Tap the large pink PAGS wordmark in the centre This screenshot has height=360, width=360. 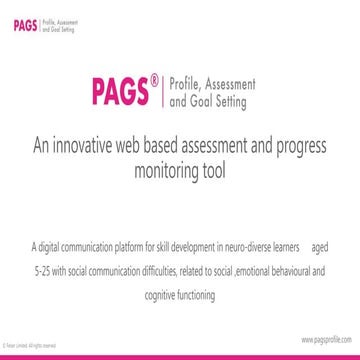tap(120, 93)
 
